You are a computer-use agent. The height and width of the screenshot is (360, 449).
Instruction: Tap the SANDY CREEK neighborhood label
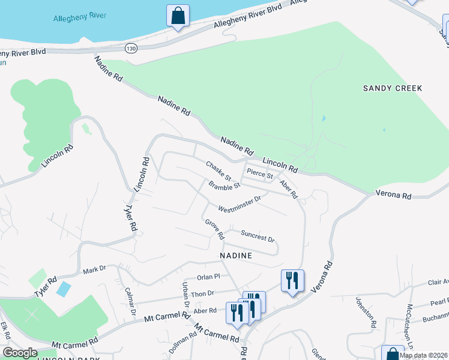pyautogui.click(x=393, y=88)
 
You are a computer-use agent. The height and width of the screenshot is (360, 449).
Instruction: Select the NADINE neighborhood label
pyautogui.click(x=235, y=255)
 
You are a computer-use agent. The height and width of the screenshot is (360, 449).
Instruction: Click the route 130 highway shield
pyautogui.click(x=131, y=47)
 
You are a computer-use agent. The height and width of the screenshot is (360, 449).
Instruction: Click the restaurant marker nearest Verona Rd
pyautogui.click(x=292, y=280)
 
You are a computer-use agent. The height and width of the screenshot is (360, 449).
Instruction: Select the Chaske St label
pyautogui.click(x=218, y=171)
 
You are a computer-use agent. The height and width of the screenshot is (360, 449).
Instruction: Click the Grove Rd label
pyautogui.click(x=214, y=227)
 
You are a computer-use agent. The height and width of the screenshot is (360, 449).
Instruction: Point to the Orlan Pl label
pyautogui.click(x=209, y=277)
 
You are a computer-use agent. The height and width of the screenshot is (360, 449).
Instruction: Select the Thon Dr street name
pyautogui.click(x=202, y=293)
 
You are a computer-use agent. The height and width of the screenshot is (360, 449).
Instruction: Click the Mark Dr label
pyautogui.click(x=94, y=269)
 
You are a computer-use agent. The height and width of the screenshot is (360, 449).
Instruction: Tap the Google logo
pyautogui.click(x=19, y=353)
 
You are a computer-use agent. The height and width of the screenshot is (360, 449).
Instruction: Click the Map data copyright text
pyautogui.click(x=423, y=355)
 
